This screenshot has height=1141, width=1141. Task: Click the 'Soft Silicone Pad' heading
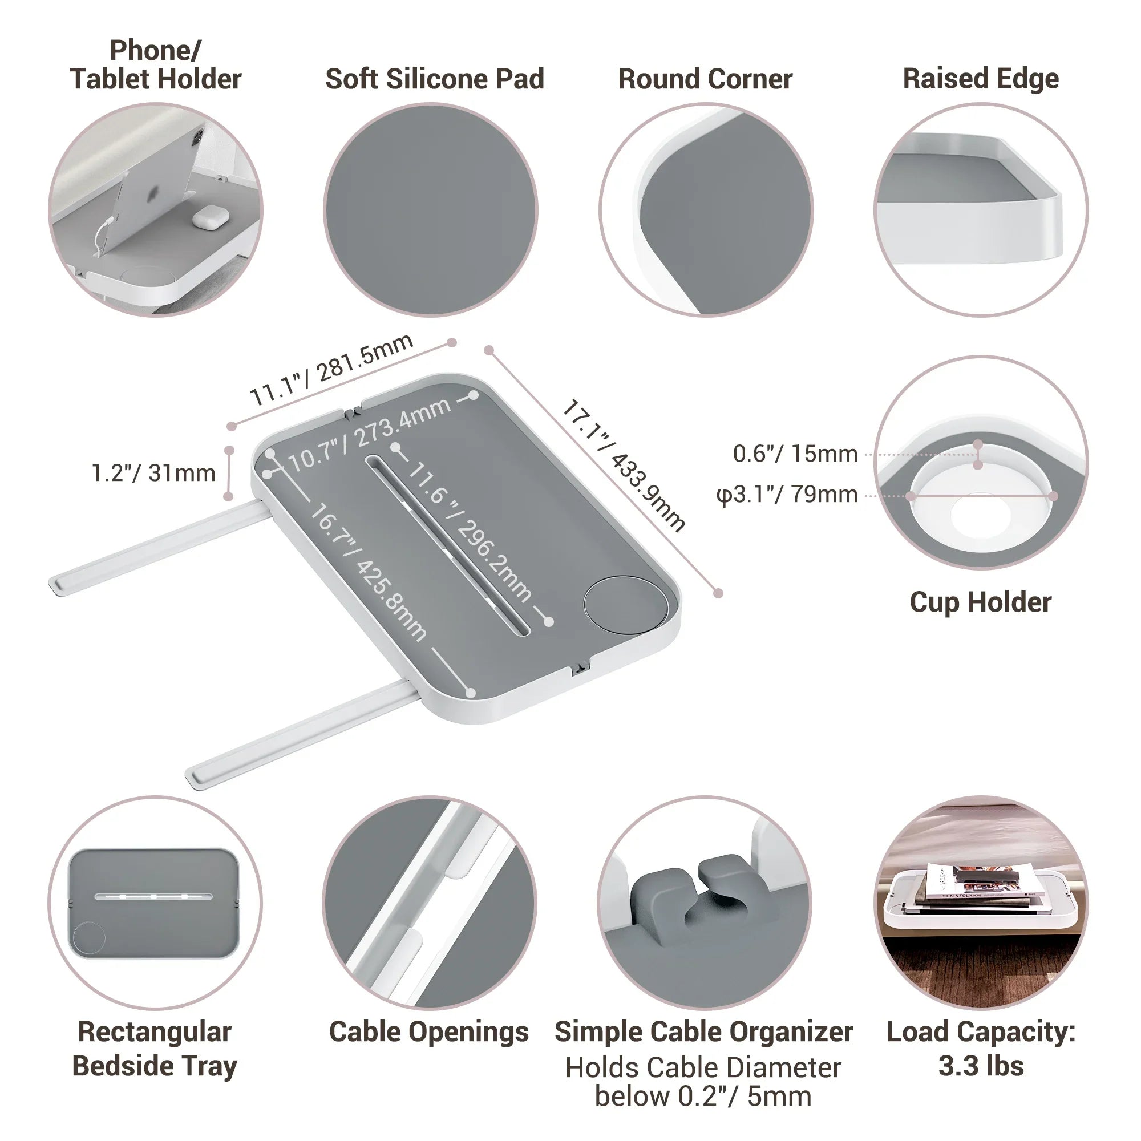click(x=435, y=79)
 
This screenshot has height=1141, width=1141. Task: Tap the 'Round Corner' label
click(x=705, y=79)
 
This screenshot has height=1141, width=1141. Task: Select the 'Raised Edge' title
click(x=981, y=79)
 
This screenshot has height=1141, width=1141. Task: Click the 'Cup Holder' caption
click(x=980, y=602)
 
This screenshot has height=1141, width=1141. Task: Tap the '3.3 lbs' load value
click(x=981, y=1066)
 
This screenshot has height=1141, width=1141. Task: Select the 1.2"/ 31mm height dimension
click(x=153, y=473)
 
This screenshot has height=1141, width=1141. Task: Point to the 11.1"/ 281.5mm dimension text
click(x=331, y=370)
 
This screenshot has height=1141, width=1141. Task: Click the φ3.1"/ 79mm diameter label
click(x=787, y=494)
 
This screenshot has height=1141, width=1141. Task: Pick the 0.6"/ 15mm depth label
click(x=795, y=454)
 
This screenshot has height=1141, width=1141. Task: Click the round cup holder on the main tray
click(x=625, y=605)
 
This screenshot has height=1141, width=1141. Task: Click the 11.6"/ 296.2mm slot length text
click(x=470, y=532)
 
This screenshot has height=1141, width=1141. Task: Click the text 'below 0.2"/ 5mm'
click(x=703, y=1097)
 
